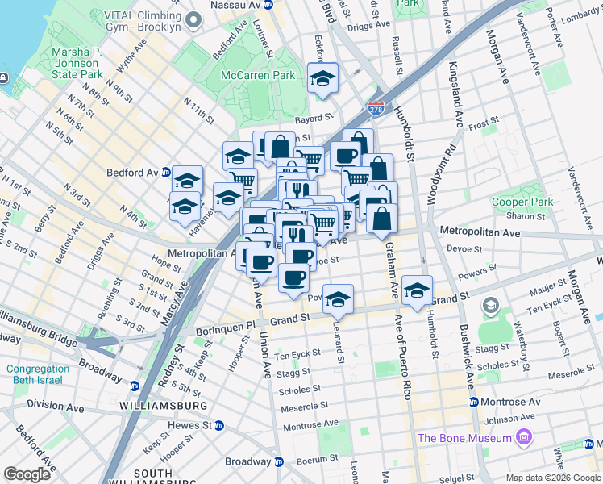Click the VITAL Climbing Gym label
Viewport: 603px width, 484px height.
click(x=136, y=21)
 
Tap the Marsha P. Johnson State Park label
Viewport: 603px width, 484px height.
click(x=77, y=63)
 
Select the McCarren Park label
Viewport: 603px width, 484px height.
click(x=258, y=75)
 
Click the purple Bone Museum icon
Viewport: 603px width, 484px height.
click(x=525, y=438)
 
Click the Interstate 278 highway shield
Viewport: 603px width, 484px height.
click(x=376, y=107)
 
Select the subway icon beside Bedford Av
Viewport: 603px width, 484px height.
click(x=166, y=172)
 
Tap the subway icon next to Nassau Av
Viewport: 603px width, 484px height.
click(x=269, y=5)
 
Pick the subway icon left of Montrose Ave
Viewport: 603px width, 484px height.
click(x=474, y=402)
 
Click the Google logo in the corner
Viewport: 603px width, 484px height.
click(x=27, y=474)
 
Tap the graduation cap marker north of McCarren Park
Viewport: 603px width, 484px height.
click(x=322, y=79)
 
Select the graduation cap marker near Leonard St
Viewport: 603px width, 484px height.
click(x=339, y=298)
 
